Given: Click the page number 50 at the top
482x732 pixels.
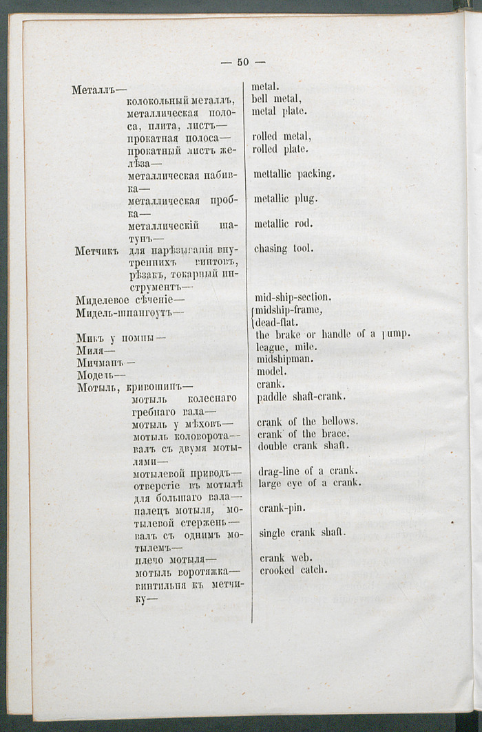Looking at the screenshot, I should click(x=243, y=62).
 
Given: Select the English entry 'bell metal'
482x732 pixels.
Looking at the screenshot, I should click(x=277, y=99).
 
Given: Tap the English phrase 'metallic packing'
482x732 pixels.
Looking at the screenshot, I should click(x=294, y=174).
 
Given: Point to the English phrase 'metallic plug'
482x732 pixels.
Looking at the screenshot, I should click(x=285, y=199).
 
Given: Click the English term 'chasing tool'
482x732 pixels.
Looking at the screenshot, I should click(x=284, y=248).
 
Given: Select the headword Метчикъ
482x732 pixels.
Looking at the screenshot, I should click(x=98, y=250).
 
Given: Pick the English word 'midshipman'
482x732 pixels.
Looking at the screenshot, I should click(x=285, y=358).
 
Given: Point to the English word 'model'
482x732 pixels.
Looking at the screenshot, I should click(x=271, y=371).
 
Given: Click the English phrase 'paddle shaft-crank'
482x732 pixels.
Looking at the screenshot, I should click(x=301, y=397).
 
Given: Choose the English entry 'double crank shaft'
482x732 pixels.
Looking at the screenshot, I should click(x=304, y=446).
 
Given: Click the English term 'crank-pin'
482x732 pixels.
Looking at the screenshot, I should click(x=282, y=508).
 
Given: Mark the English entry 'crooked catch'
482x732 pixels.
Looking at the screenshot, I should click(x=293, y=570).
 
